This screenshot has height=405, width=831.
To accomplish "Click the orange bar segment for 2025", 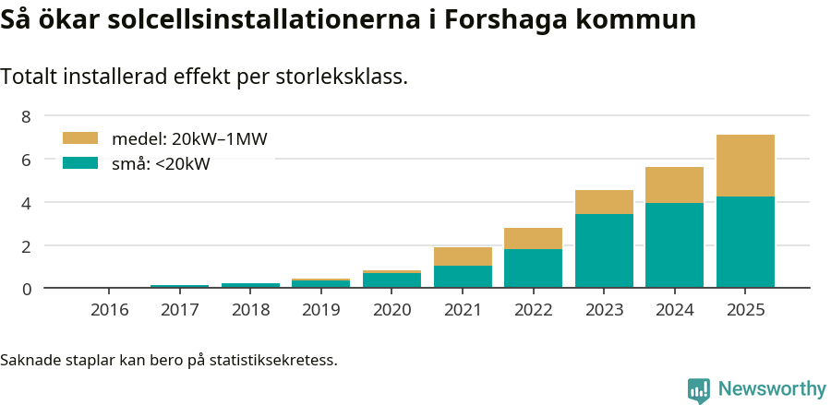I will [745, 166].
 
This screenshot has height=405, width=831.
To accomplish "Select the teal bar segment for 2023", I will [604, 251].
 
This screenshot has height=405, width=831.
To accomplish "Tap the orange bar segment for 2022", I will [533, 238].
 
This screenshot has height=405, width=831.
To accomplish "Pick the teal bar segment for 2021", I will [463, 277].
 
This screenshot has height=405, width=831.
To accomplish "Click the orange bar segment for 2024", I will [674, 185].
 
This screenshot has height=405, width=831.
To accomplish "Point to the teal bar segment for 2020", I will [391, 280].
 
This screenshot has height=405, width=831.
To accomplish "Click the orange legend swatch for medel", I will [80, 138].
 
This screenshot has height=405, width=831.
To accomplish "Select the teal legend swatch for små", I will [80, 163].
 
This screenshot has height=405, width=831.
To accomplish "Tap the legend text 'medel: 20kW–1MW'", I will [189, 139].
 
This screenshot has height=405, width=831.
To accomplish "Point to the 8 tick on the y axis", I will [26, 116].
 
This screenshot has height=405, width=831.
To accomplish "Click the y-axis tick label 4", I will [26, 202].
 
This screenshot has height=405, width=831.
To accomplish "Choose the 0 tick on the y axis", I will [26, 289].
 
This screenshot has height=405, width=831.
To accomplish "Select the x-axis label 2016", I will [110, 310].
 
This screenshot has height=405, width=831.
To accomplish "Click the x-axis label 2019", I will [321, 310].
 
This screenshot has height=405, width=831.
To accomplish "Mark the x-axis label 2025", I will [745, 310].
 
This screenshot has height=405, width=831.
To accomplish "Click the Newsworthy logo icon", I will [699, 390].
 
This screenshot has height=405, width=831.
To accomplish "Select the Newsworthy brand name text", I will [771, 389].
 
